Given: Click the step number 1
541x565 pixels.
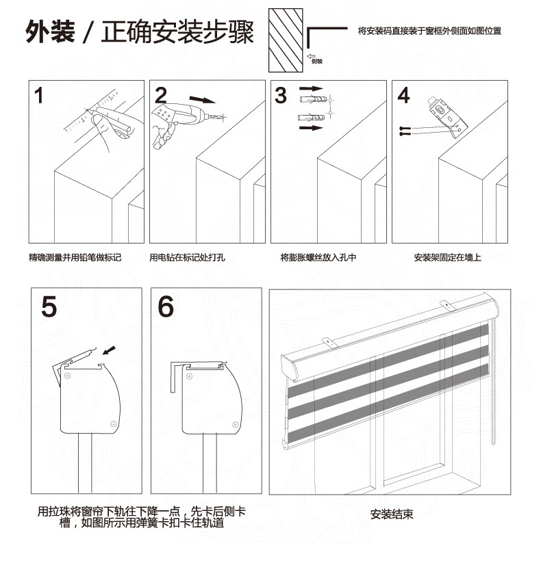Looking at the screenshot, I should [x=40, y=96].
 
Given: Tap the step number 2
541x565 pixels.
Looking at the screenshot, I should [x=161, y=96].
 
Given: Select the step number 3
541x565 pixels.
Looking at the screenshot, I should [x=281, y=96].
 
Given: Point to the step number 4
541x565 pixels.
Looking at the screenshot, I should [x=403, y=96].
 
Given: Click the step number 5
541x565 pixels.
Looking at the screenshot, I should [x=49, y=306].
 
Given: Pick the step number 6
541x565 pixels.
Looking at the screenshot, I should [x=166, y=306].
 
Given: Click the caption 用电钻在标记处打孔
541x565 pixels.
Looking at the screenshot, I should [x=187, y=258].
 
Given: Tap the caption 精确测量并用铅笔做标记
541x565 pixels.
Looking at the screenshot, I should [x=75, y=258].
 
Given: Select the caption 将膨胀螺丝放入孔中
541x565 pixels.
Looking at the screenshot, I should [x=318, y=258].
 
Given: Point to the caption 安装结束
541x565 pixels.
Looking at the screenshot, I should [x=392, y=514].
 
